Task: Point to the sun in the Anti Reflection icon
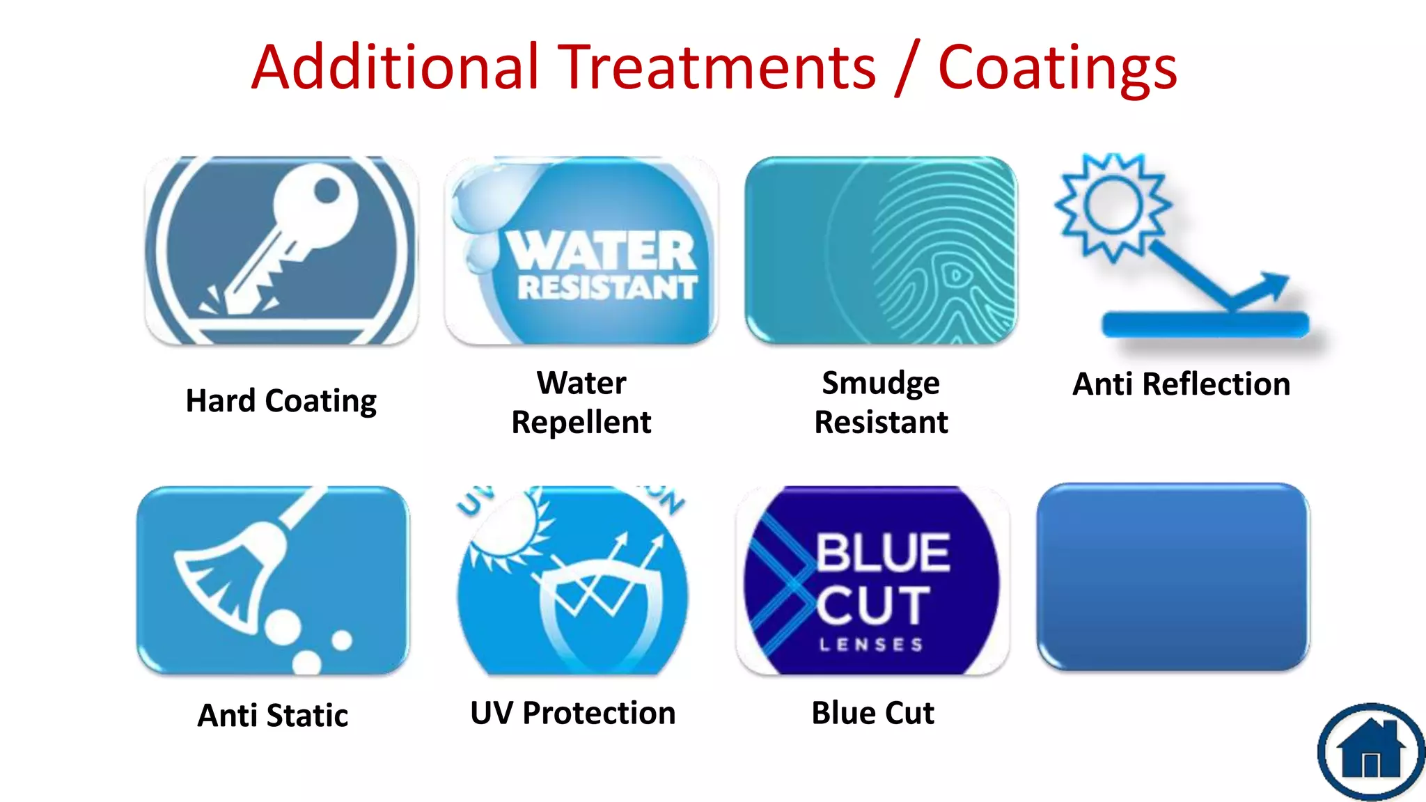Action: click(1112, 206)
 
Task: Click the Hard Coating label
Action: click(281, 402)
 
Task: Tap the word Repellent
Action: click(581, 423)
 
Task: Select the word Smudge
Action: click(880, 384)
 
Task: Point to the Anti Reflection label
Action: click(1181, 384)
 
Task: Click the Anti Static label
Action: click(273, 716)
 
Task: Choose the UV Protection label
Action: click(572, 714)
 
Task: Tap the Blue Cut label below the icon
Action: click(872, 714)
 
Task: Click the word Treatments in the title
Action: click(719, 68)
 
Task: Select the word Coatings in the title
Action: click(1057, 68)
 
